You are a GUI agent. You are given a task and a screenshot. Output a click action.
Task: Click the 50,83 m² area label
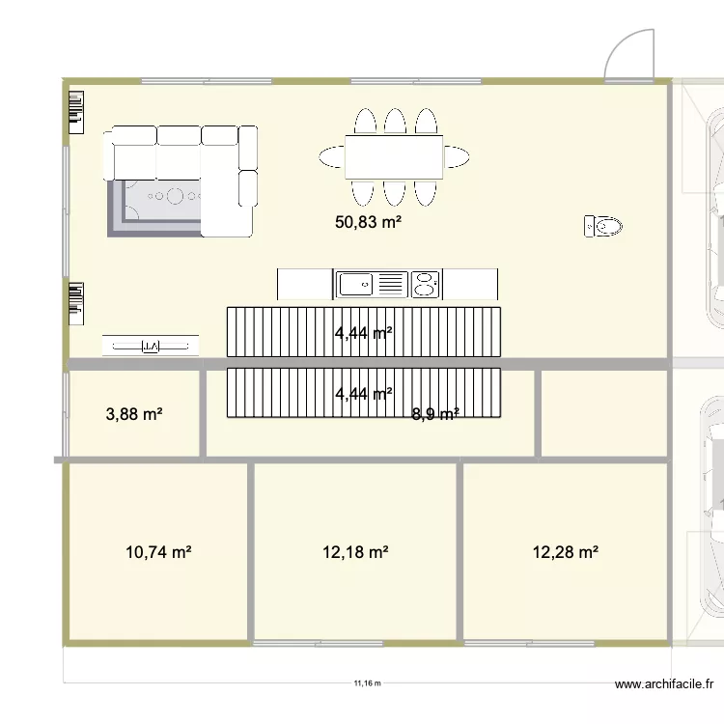click(x=368, y=222)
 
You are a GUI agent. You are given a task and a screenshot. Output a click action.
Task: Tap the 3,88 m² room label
click(x=133, y=415)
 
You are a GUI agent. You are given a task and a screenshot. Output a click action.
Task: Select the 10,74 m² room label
click(x=158, y=552)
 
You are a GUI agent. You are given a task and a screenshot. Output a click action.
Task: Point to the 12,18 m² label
click(x=355, y=552)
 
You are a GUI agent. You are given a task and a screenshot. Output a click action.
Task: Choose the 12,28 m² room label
click(x=566, y=552)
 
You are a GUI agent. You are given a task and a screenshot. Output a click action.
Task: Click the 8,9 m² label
click(x=434, y=415)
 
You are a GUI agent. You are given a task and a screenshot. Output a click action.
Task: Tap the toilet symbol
click(x=604, y=227)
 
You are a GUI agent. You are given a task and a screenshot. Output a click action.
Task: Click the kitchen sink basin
click(x=354, y=284)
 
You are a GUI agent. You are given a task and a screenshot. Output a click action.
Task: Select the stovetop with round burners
click(x=426, y=284)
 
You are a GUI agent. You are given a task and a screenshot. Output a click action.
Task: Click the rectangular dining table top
click(x=394, y=156)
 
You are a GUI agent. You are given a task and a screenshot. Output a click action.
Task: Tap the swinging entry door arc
click(x=627, y=53)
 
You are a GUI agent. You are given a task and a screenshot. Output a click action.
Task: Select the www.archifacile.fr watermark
click(x=664, y=685)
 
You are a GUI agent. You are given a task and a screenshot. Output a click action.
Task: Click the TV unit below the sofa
click(x=151, y=346)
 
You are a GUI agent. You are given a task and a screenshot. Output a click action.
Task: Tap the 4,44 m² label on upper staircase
click(x=363, y=334)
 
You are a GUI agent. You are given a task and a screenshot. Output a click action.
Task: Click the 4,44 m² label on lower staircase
click(x=363, y=393)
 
